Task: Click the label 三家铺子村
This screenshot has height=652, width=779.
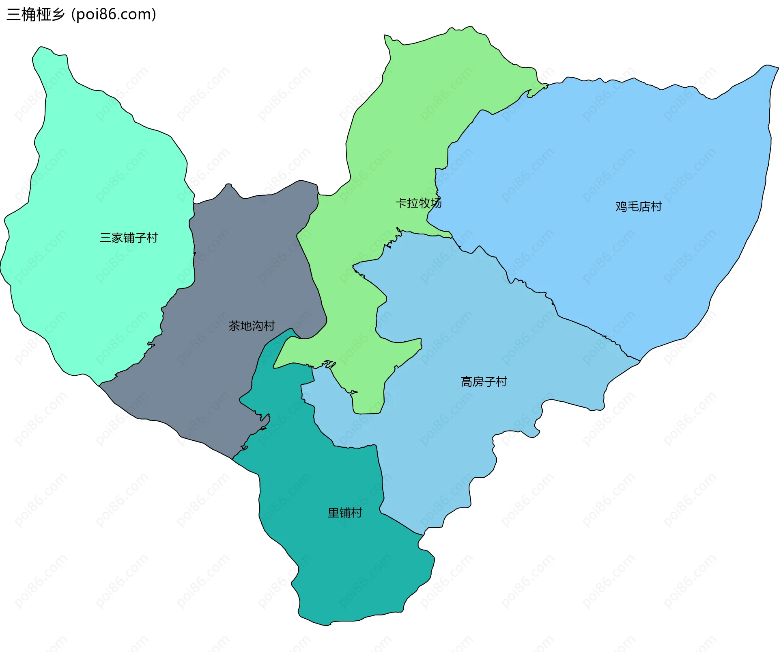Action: (129, 238)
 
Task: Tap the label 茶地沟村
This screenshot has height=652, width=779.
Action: (252, 326)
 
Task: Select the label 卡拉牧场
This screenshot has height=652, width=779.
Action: (418, 203)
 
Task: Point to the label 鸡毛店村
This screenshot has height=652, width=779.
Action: (639, 206)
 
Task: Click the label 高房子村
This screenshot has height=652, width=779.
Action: (484, 381)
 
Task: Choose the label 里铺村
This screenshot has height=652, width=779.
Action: (344, 513)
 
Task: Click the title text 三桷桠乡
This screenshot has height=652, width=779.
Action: (36, 15)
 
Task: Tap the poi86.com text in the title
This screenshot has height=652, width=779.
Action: (114, 15)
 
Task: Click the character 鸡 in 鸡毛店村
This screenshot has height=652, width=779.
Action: (621, 206)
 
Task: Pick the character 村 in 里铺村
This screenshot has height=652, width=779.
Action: (356, 513)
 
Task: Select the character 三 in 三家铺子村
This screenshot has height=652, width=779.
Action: (105, 238)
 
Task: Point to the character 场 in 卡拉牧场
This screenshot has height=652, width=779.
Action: (436, 203)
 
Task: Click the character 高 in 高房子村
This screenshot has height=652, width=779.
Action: (467, 381)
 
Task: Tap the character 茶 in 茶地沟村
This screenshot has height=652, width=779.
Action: (234, 326)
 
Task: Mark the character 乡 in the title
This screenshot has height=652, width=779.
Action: (58, 15)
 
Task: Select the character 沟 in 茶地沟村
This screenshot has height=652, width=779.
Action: (257, 326)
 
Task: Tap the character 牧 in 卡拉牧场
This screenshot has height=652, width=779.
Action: (424, 203)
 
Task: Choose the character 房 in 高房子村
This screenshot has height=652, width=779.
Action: (478, 381)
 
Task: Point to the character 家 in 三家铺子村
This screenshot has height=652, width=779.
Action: (117, 238)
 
